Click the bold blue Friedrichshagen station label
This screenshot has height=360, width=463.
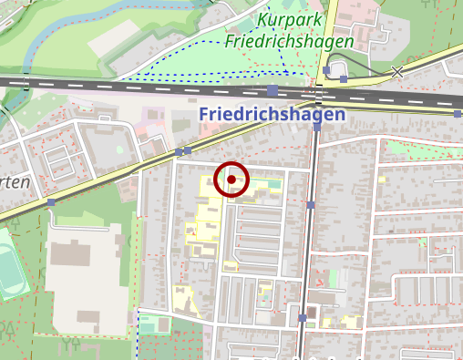[271, 115]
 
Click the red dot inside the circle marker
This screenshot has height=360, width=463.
[231, 180]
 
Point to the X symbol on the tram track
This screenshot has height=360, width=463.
[396, 71]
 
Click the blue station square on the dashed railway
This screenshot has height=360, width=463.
[273, 90]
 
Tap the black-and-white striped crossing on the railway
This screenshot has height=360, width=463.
[316, 91]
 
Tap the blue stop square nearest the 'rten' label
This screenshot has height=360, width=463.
[52, 202]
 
